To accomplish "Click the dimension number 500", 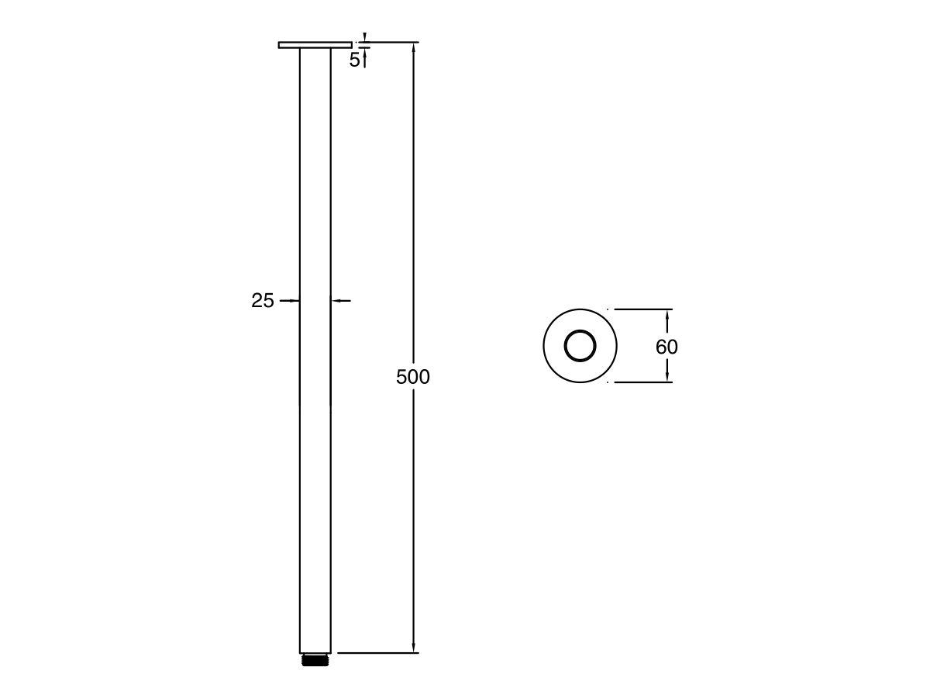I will click(x=412, y=378).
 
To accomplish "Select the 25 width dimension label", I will click(x=263, y=301).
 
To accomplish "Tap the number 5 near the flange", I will click(x=354, y=60).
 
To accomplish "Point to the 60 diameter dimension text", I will click(x=666, y=347).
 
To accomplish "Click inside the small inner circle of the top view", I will click(x=580, y=346).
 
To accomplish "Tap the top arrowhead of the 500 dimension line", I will click(x=414, y=48).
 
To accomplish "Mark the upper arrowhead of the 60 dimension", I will click(x=668, y=314).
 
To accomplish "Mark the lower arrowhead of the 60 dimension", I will click(x=668, y=377).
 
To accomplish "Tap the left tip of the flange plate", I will click(x=280, y=45).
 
